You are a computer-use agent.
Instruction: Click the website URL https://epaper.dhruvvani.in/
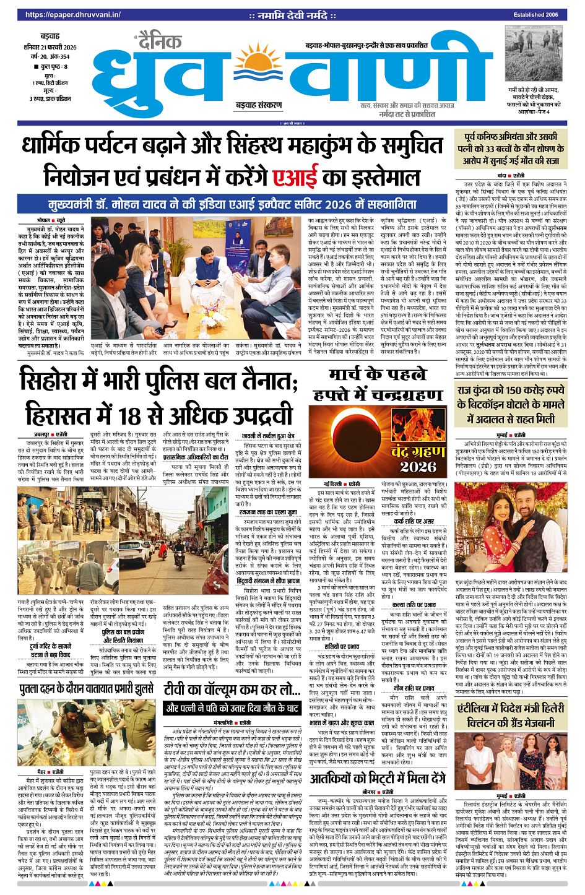[x=73, y=15]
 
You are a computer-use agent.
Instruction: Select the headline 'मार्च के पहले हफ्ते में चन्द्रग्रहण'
[x=378, y=384]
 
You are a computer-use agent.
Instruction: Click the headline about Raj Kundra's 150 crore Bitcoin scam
[x=511, y=405]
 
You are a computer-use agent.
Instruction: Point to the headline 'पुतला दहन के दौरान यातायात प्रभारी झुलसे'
[x=86, y=690]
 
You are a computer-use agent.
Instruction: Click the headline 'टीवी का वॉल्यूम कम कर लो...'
[x=232, y=690]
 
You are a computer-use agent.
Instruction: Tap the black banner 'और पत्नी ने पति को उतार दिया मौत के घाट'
[x=232, y=708]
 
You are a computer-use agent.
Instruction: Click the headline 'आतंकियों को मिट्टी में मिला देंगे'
[x=378, y=778]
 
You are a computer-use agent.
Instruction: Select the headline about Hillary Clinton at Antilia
[x=511, y=716]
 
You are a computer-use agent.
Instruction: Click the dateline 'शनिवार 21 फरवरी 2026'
[x=58, y=47]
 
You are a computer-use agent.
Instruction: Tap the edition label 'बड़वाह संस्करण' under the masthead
[x=258, y=105]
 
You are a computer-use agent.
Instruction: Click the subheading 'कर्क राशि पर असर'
[x=414, y=521]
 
